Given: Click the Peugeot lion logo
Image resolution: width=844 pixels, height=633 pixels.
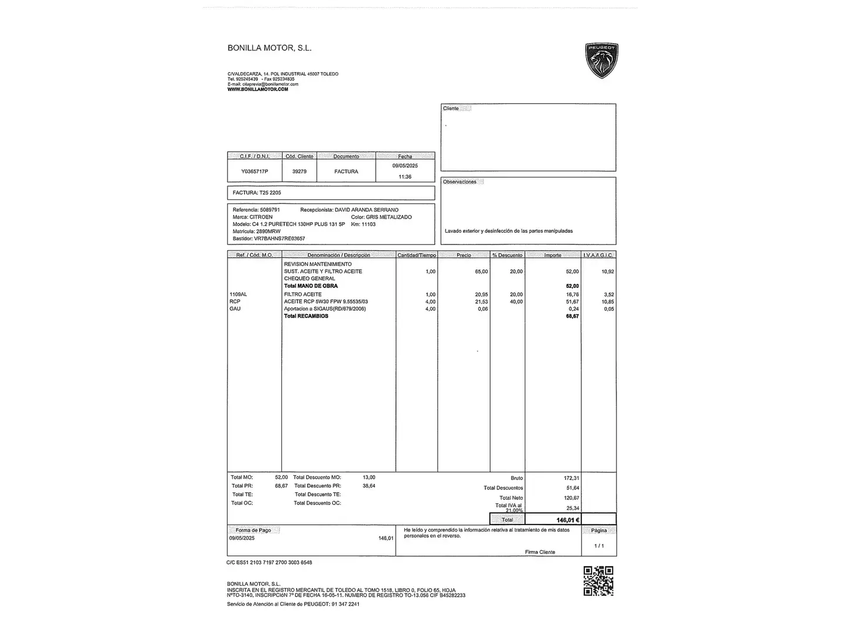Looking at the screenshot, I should pyautogui.click(x=601, y=60).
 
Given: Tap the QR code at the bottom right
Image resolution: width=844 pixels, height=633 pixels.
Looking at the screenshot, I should pyautogui.click(x=598, y=581).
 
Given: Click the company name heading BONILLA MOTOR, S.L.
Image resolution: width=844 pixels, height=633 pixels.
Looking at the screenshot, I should pyautogui.click(x=270, y=48).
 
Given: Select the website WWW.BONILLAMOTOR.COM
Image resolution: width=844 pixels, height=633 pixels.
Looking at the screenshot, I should pyautogui.click(x=258, y=89).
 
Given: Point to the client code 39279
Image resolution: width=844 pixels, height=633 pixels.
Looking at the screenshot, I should pyautogui.click(x=299, y=171).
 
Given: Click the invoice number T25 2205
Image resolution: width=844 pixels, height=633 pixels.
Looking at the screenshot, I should pyautogui.click(x=270, y=192).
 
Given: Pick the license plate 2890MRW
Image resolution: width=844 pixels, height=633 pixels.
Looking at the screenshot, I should pyautogui.click(x=268, y=232).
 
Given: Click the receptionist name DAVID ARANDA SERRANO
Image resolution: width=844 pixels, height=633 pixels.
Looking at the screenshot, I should pyautogui.click(x=366, y=210).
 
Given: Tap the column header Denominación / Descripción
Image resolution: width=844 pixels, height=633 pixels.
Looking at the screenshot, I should pyautogui.click(x=339, y=255).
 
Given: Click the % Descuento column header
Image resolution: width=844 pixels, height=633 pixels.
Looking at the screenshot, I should pyautogui.click(x=507, y=255).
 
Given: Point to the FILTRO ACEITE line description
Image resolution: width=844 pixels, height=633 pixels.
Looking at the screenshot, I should pyautogui.click(x=302, y=294).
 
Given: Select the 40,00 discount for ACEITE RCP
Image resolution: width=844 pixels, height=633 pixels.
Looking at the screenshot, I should pyautogui.click(x=516, y=302).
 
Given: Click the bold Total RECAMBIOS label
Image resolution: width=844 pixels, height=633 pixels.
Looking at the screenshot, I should pyautogui.click(x=306, y=316).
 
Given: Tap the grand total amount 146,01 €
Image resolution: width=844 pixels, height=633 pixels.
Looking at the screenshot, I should pyautogui.click(x=568, y=520).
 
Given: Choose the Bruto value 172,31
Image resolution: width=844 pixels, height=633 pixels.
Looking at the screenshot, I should pyautogui.click(x=571, y=478).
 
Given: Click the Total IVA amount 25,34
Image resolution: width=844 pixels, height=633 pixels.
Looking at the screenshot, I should pyautogui.click(x=572, y=508).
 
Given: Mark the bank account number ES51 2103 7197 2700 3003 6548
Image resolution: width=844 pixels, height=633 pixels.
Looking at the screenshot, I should pyautogui.click(x=274, y=563).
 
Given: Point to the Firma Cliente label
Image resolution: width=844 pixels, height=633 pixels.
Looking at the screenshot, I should pyautogui.click(x=540, y=552).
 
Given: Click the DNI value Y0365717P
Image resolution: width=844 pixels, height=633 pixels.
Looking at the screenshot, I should pyautogui.click(x=254, y=171).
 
